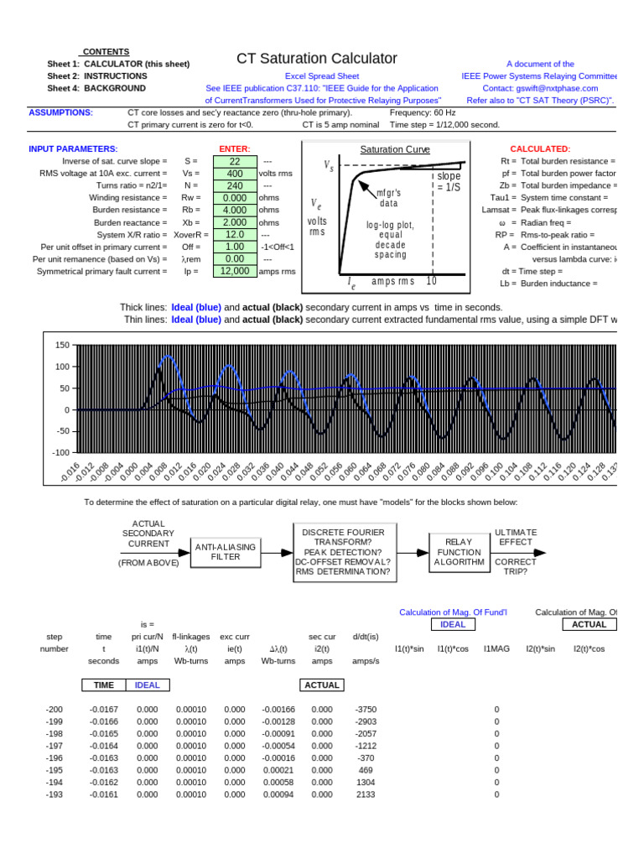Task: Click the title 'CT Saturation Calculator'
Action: coord(317,58)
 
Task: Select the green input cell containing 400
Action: coord(235,174)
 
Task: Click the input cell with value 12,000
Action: coord(235,271)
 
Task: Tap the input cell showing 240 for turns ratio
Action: coord(235,186)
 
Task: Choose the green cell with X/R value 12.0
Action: coord(235,235)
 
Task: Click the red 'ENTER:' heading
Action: coord(234,148)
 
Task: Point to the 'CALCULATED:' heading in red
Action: coord(540,148)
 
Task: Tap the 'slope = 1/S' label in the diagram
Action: coord(448,182)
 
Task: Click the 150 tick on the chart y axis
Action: coord(62,346)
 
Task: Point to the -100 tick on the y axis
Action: coord(60,452)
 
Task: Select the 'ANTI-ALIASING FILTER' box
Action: coord(225,552)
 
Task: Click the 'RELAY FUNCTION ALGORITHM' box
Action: coord(459,553)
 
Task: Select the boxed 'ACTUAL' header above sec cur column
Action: coord(322,685)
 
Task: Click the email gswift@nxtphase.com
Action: coord(553,88)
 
